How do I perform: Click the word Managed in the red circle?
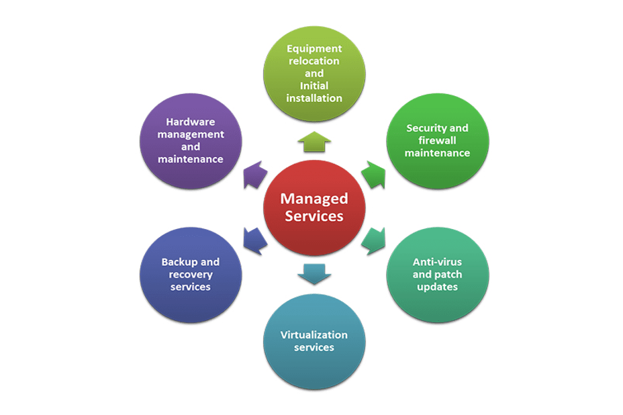click(x=314, y=199)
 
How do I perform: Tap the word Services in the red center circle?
click(x=314, y=216)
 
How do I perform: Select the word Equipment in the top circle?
click(x=314, y=48)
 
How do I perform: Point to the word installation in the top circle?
click(x=314, y=98)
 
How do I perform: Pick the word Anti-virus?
click(x=437, y=261)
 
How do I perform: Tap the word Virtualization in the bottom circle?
click(x=314, y=334)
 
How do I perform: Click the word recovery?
click(x=191, y=275)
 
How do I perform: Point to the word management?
click(x=191, y=134)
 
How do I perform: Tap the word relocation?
click(x=314, y=60)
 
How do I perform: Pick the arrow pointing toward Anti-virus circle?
click(x=373, y=240)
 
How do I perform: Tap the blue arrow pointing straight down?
click(x=314, y=273)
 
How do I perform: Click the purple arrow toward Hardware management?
click(x=255, y=176)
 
